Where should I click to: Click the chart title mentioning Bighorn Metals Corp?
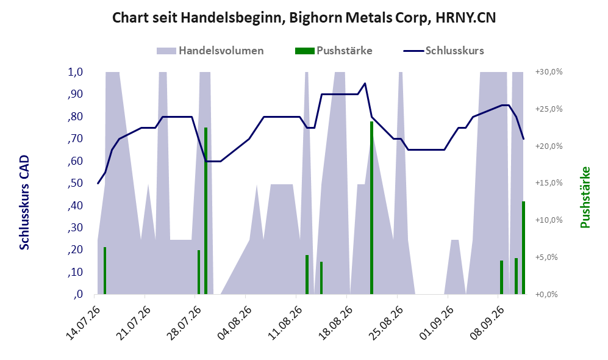(x=304, y=18)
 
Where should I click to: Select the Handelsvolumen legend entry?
(x=210, y=51)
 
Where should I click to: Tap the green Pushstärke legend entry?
(x=334, y=51)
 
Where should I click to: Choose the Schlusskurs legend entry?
(x=443, y=51)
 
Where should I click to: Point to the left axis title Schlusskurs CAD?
(x=24, y=203)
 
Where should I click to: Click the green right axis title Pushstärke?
(x=585, y=198)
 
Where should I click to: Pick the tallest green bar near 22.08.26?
(x=371, y=208)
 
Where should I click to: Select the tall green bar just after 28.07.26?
(x=206, y=211)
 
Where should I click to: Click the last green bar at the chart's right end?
(x=523, y=248)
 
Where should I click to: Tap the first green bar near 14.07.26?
(x=105, y=271)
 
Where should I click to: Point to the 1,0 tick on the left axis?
(x=76, y=72)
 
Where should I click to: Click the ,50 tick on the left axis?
(x=75, y=183)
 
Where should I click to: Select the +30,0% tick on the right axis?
(x=549, y=72)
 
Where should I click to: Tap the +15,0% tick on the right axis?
(x=549, y=183)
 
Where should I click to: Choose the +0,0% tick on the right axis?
(x=546, y=295)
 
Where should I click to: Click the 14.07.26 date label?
(x=83, y=323)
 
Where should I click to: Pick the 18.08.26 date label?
(x=335, y=323)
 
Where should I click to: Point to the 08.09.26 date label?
(x=486, y=323)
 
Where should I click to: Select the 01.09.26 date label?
(x=436, y=323)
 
